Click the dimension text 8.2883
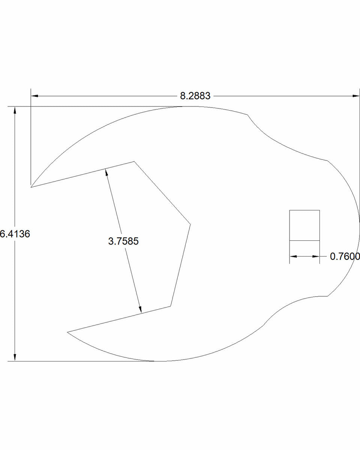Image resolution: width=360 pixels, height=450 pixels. (x=195, y=96)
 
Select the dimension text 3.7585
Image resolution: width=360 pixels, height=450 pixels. (x=123, y=241)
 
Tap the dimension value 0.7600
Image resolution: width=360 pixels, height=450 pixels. (x=345, y=256)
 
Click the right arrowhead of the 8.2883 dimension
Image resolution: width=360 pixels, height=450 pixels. (x=356, y=96)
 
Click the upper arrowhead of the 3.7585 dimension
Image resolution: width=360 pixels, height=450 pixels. (x=106, y=172)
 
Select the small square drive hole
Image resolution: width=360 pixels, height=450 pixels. (x=304, y=225)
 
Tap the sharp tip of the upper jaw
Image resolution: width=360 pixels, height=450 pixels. (x=31, y=186)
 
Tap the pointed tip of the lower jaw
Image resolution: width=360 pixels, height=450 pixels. (x=67, y=332)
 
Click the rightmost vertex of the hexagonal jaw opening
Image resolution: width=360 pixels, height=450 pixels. (x=190, y=224)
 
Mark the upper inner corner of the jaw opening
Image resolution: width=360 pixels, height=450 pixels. (x=134, y=162)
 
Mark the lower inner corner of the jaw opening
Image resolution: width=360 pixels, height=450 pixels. (x=171, y=306)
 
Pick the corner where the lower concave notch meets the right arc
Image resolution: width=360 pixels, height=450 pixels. (x=327, y=296)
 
